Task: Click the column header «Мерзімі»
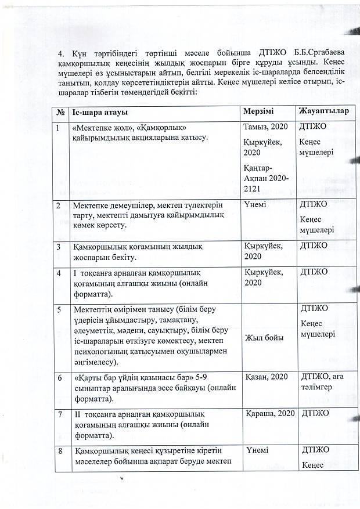click(258, 111)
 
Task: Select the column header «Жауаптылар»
click(323, 111)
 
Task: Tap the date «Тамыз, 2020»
click(267, 127)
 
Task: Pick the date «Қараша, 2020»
click(269, 413)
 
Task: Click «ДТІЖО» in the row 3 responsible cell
click(314, 246)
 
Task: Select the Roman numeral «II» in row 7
click(77, 414)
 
